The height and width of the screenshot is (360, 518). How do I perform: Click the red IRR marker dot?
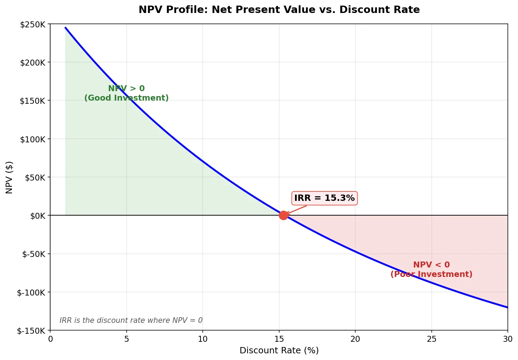[x=283, y=215]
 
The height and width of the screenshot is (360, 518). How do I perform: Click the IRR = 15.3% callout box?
[x=324, y=198]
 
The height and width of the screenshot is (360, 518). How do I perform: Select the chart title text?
[x=279, y=9]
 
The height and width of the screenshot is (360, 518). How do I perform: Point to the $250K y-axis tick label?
[x=33, y=25]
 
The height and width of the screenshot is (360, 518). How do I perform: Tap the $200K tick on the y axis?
[x=33, y=63]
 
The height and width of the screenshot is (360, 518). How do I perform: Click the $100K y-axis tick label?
[x=33, y=139]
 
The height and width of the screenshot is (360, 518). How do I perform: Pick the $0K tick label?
[x=38, y=216]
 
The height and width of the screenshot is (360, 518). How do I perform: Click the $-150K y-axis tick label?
[x=31, y=331]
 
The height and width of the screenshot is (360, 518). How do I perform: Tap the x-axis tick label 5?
[x=127, y=339]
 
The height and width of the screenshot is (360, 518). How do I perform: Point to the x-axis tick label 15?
[x=279, y=339]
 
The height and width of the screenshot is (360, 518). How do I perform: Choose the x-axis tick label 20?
[x=355, y=339]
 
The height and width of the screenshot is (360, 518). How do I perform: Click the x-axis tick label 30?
[x=507, y=339]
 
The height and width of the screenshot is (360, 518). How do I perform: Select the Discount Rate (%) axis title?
[x=279, y=351]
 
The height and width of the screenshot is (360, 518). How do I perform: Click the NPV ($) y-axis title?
[x=9, y=177]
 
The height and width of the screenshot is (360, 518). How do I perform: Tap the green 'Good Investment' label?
[x=126, y=98]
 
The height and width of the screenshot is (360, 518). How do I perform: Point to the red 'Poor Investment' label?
[x=431, y=274]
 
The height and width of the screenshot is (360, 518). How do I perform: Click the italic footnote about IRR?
[x=131, y=320]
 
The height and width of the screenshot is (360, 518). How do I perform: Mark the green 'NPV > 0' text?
[x=126, y=88]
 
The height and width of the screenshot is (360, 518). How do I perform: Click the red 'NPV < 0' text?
[x=431, y=265]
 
